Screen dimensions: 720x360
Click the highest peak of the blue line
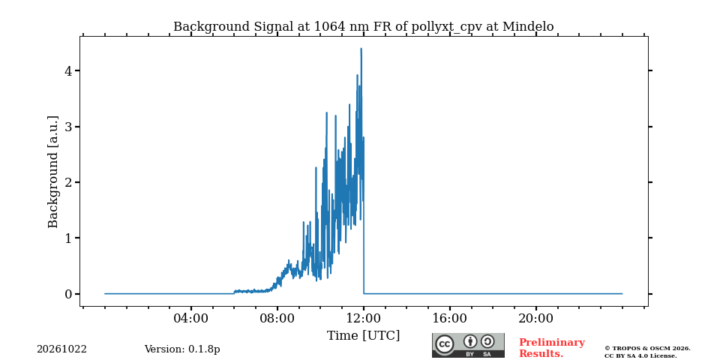click(361, 48)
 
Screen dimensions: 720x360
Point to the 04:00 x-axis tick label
click(191, 318)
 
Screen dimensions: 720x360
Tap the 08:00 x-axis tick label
click(277, 318)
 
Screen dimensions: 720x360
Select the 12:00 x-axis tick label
click(364, 318)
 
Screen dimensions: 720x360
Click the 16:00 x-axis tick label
click(449, 318)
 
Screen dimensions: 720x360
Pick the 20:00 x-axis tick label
click(535, 318)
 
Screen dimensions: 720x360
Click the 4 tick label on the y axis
click(68, 71)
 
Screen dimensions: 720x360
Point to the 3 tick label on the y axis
click(68, 127)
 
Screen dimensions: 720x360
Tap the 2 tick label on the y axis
click(68, 182)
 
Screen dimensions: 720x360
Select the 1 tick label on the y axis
click(68, 238)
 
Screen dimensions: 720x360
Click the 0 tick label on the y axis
click(68, 294)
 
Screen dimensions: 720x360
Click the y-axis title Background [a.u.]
click(53, 172)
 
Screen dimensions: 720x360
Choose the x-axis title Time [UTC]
click(363, 336)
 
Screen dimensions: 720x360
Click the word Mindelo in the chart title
click(528, 27)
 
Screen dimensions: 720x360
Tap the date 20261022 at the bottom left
click(62, 349)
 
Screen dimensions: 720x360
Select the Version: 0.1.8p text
click(182, 349)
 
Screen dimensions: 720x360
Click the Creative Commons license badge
click(468, 345)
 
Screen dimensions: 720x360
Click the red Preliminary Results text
click(551, 348)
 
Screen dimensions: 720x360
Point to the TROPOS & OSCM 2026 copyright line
click(647, 349)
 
